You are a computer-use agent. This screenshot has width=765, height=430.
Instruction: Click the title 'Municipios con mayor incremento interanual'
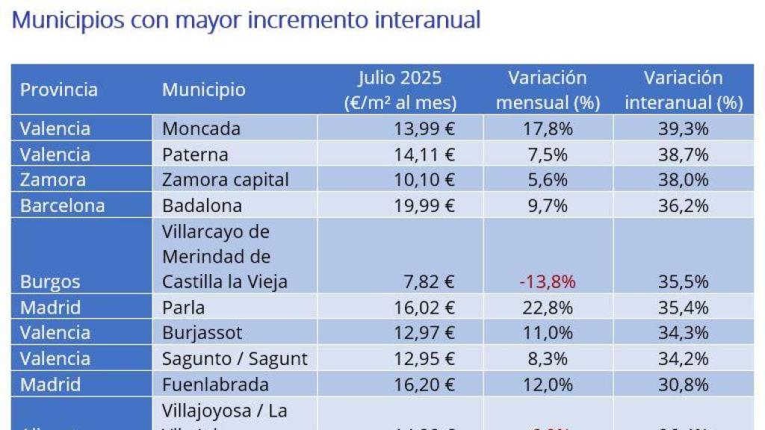point(246,20)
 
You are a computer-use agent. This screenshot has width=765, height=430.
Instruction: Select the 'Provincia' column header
point(59,90)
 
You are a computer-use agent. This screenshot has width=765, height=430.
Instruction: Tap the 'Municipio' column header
point(203,90)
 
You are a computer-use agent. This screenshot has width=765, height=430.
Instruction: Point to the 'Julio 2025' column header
point(400,90)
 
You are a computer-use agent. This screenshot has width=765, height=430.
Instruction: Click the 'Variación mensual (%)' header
point(548,90)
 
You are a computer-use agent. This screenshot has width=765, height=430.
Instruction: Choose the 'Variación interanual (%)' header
point(684,90)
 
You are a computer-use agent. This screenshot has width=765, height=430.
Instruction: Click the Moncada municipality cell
point(201,128)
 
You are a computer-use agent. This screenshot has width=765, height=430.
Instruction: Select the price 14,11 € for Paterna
point(424,155)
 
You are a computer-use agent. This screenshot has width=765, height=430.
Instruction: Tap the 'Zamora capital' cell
point(225,180)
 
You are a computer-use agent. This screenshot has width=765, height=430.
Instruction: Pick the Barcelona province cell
point(63,205)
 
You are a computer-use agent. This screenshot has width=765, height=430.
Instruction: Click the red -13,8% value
point(548,282)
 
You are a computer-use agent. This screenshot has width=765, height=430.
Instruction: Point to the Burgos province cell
point(50,282)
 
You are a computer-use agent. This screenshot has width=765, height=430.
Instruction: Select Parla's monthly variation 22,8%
point(548,308)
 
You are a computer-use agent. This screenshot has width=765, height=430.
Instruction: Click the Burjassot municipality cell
point(202,333)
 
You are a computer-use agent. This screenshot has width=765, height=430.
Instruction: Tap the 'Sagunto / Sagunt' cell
point(235,358)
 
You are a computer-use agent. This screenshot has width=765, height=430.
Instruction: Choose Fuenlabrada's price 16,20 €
point(424,384)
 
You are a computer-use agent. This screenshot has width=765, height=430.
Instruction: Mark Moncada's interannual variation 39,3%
point(683,128)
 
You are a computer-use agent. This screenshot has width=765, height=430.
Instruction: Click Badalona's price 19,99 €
point(424,205)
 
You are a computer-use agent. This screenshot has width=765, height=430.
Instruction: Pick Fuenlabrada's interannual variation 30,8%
point(683,384)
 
